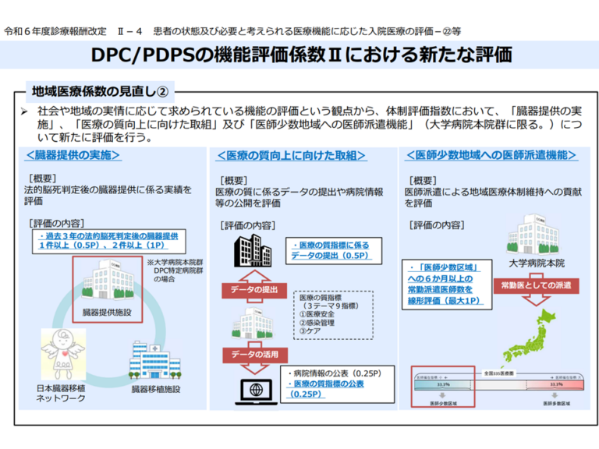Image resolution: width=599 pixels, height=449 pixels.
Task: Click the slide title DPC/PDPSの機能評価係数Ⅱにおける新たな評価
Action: point(299,55)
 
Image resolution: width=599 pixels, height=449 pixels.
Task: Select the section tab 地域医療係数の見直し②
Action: point(98,90)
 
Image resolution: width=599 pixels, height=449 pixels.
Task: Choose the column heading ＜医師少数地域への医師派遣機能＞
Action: point(492,155)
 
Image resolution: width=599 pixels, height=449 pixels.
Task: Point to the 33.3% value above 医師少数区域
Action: point(443,384)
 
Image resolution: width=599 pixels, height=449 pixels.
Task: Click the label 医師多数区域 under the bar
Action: point(558,405)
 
